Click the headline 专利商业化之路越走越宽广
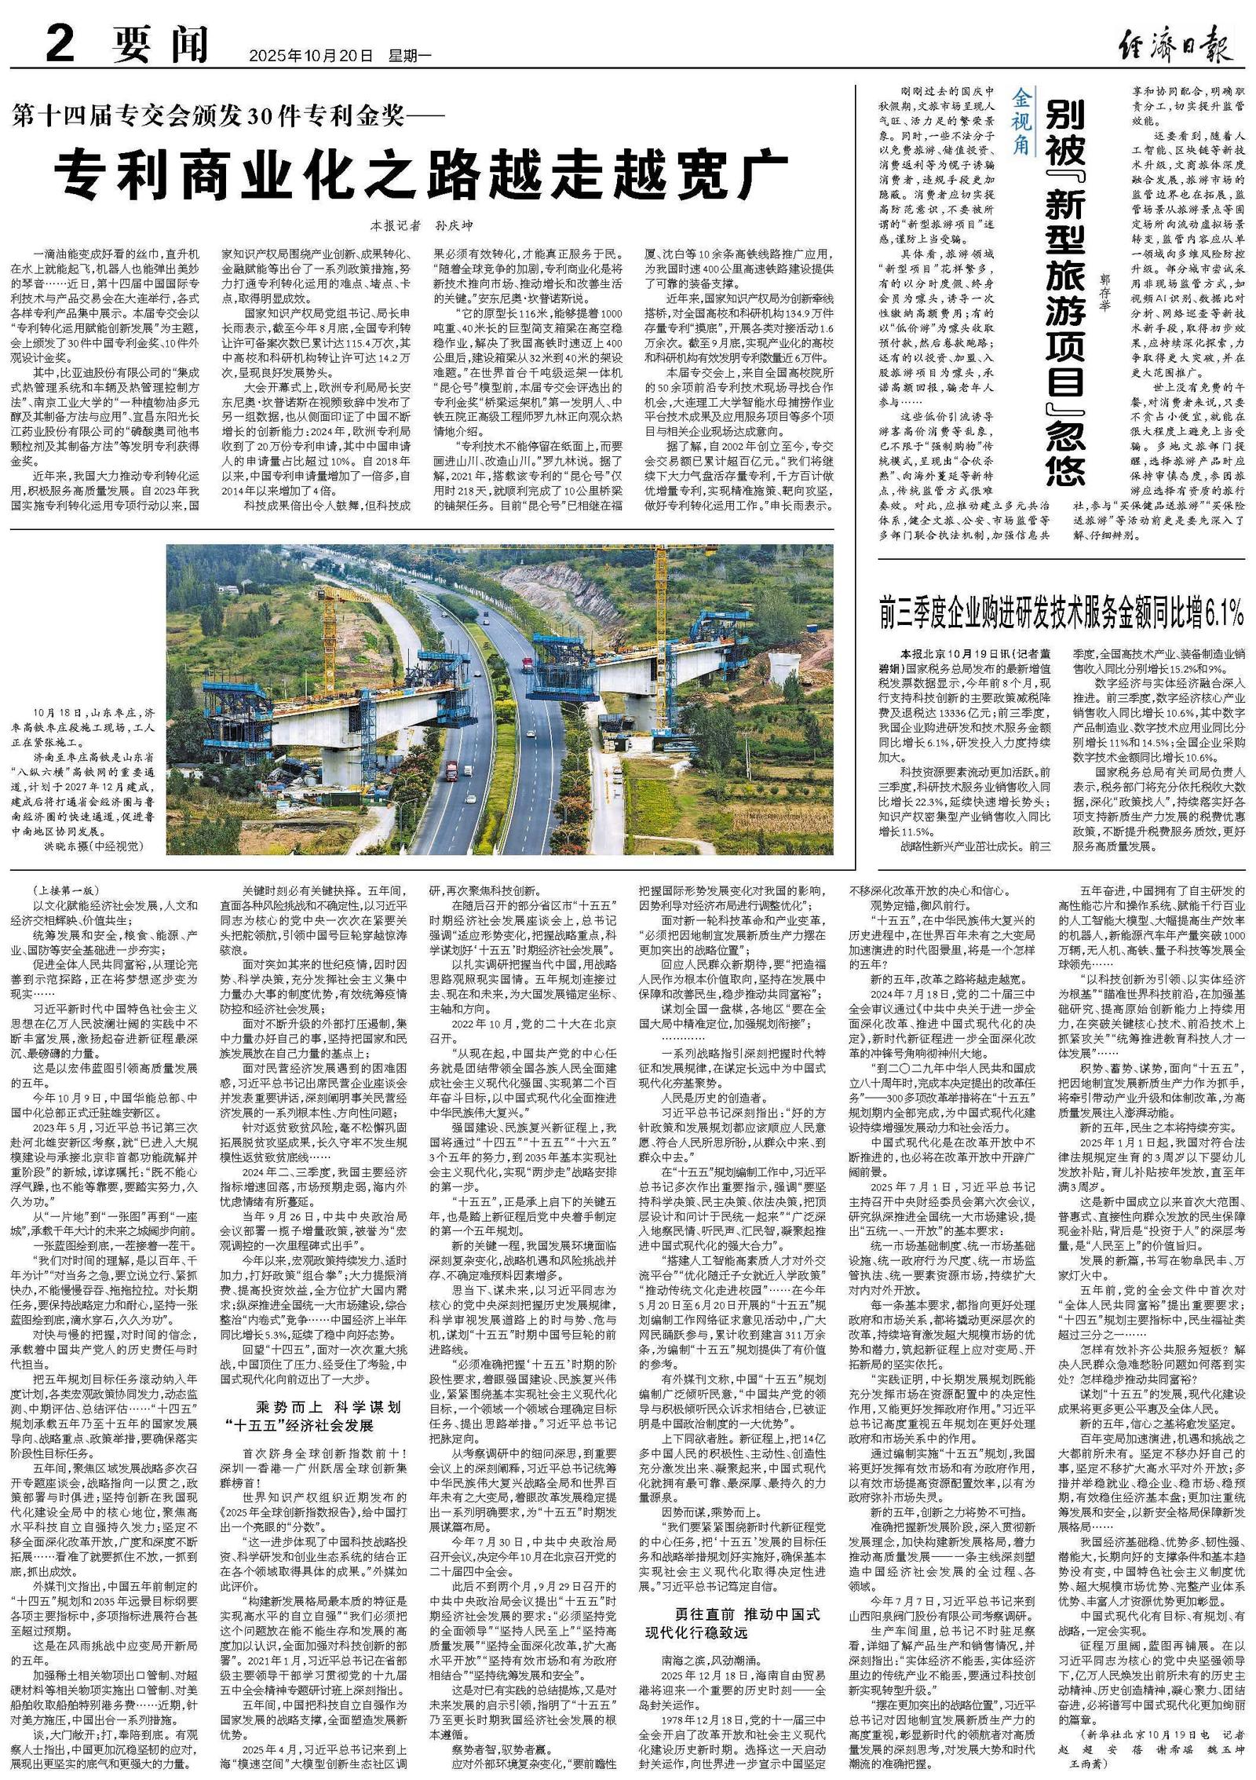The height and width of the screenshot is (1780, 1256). (x=425, y=166)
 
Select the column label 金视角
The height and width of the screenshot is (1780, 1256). (x=1021, y=124)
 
